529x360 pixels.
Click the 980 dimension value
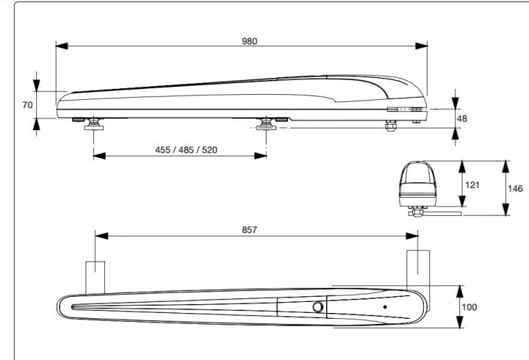coord(249,41)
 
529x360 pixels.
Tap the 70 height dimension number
coord(28,105)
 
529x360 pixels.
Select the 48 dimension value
coord(461,118)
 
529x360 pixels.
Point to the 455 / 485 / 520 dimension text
coord(186,150)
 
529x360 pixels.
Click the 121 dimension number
coord(472,185)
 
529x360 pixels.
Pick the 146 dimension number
coord(515,188)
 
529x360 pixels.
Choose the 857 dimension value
coord(249,230)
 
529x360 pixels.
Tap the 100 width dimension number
coord(469,307)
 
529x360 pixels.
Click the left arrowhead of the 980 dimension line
coord(62,46)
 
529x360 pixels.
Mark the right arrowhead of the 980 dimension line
coord(422,46)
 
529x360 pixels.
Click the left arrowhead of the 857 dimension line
coord(101,236)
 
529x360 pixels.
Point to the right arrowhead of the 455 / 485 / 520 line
coord(260,156)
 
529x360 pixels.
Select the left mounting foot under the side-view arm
coord(94,124)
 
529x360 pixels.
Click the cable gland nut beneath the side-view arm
coord(391,126)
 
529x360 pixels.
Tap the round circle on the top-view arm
coord(317,307)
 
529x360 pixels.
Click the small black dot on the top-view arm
coord(385,307)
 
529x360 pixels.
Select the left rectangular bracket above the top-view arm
coord(95,277)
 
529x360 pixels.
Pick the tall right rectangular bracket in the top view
coord(418,270)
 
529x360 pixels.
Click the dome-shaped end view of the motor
coord(417,184)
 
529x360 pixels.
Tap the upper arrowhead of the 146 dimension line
coord(505,167)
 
